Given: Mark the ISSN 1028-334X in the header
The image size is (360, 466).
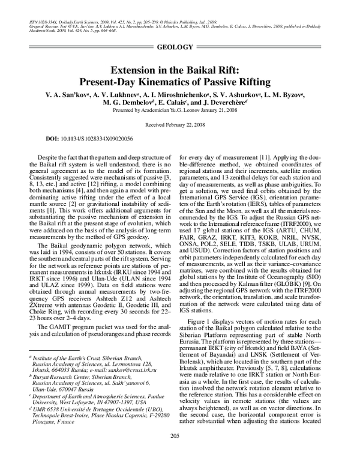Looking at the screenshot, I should (x=40, y=20).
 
